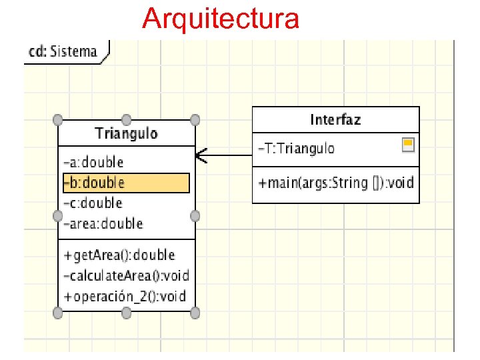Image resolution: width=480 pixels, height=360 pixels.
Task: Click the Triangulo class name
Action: click(x=127, y=133)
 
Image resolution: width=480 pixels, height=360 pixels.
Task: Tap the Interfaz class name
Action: click(x=335, y=120)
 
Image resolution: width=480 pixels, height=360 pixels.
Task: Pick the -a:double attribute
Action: click(x=94, y=162)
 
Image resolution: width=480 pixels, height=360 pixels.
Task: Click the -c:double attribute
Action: click(x=93, y=203)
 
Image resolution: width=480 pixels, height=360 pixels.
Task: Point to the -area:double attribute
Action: click(x=103, y=223)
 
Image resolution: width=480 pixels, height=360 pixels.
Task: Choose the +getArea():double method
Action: click(x=119, y=255)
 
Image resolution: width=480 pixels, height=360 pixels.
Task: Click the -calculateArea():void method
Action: click(x=126, y=275)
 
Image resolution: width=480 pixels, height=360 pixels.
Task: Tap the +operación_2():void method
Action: click(x=125, y=296)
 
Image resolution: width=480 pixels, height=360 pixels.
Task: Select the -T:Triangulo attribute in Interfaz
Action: click(x=297, y=148)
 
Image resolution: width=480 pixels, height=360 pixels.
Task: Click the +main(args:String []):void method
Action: click(x=335, y=181)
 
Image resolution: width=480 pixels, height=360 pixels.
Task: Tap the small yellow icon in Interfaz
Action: click(x=408, y=144)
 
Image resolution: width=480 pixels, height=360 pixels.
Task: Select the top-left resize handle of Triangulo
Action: click(x=58, y=120)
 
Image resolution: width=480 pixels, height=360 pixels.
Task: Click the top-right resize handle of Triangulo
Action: click(x=195, y=120)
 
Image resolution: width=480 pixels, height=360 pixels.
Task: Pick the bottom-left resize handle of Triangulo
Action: click(x=58, y=312)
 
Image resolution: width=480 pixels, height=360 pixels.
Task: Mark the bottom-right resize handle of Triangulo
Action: click(x=195, y=312)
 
